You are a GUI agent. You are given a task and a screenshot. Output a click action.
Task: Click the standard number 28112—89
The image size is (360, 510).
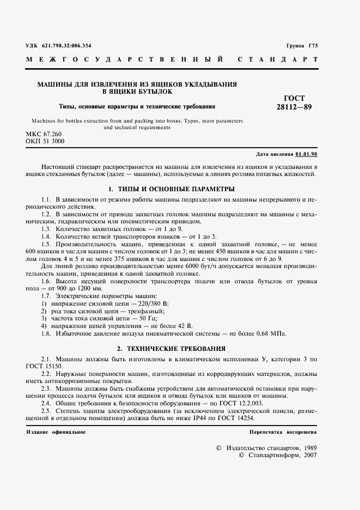coord(295,107)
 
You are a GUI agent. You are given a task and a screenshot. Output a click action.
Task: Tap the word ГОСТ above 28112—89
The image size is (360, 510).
coord(295,98)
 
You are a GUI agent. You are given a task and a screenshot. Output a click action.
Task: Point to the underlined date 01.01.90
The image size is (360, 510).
coord(307,154)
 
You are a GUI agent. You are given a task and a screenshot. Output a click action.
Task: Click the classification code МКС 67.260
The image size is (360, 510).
coord(44,134)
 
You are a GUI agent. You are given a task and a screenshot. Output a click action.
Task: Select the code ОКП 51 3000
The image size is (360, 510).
coord(45,141)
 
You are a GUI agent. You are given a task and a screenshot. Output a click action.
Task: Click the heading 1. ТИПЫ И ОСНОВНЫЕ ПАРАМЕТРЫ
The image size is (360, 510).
coord(172,189)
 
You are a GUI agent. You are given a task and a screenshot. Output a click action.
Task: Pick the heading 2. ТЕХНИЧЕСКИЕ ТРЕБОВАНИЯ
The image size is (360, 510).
coord(172,348)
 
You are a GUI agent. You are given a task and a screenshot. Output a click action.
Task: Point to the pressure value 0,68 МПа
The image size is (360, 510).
coord(270,333)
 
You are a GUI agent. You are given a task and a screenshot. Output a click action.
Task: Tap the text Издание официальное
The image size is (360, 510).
coord(56,432)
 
